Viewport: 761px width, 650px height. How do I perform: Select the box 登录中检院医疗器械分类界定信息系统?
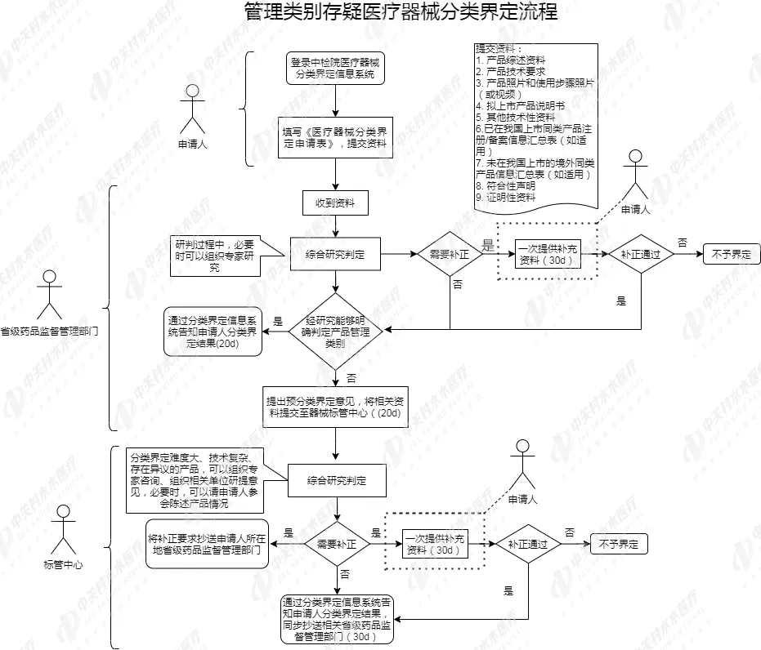coord(335,69)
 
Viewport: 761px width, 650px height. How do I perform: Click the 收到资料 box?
coord(335,203)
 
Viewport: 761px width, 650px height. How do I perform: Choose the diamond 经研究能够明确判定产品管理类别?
coord(335,332)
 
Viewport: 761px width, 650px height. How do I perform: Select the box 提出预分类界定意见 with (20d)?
coord(335,407)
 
